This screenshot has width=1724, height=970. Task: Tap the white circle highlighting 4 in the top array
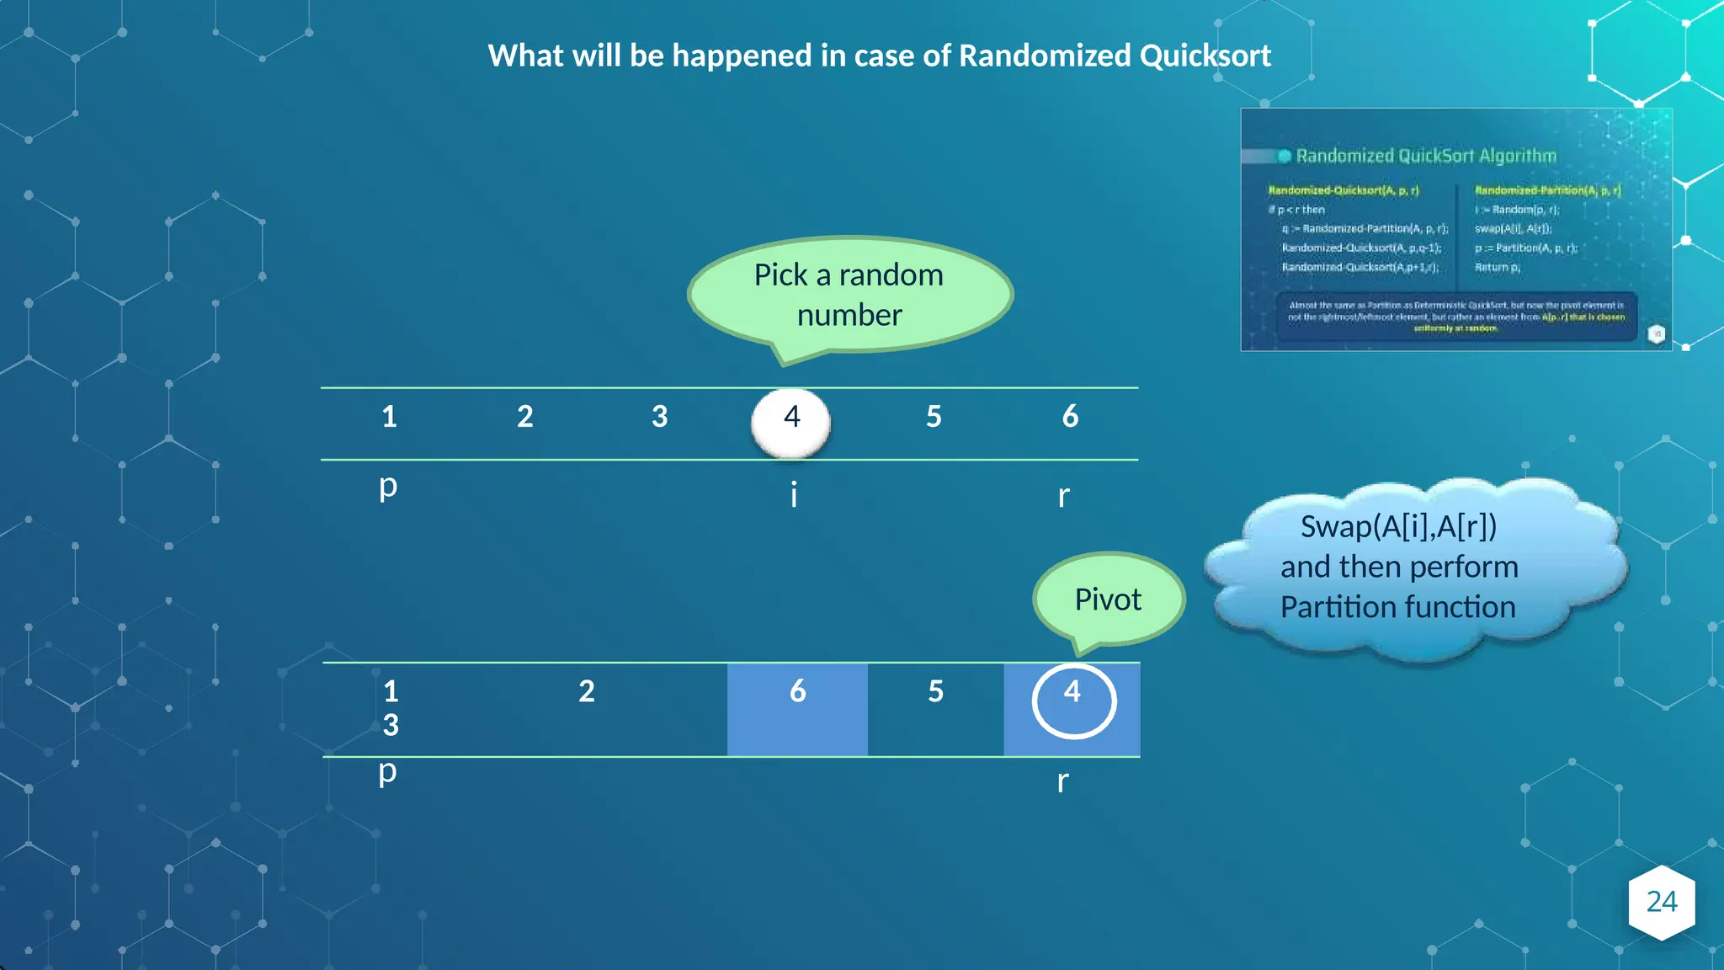[x=790, y=423]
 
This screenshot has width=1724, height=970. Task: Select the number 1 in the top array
[x=389, y=417]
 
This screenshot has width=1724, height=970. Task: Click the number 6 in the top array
[x=1070, y=416]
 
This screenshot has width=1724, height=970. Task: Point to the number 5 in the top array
[x=934, y=417]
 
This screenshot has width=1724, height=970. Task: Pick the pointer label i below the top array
[x=793, y=494]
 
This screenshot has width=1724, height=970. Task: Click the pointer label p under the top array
[x=387, y=487]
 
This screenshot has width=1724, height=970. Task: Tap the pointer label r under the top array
[x=1063, y=496]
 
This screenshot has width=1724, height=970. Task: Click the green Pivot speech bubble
[x=1108, y=599]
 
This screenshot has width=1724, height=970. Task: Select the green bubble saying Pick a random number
[x=849, y=294]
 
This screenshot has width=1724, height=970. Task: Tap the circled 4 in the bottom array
[x=1073, y=701]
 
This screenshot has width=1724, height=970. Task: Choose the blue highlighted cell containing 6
[x=797, y=708]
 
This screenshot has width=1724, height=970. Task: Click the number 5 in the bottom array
[x=935, y=691]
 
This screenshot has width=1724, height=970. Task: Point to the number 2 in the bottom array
[x=587, y=691]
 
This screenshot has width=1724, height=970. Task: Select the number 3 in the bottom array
[x=391, y=725]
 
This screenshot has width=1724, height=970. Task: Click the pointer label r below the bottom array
[x=1062, y=781]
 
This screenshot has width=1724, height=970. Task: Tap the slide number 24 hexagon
[x=1661, y=902]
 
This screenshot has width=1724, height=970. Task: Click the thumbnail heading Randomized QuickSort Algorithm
[x=1425, y=156]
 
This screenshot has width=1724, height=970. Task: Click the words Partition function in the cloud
[x=1397, y=607]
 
